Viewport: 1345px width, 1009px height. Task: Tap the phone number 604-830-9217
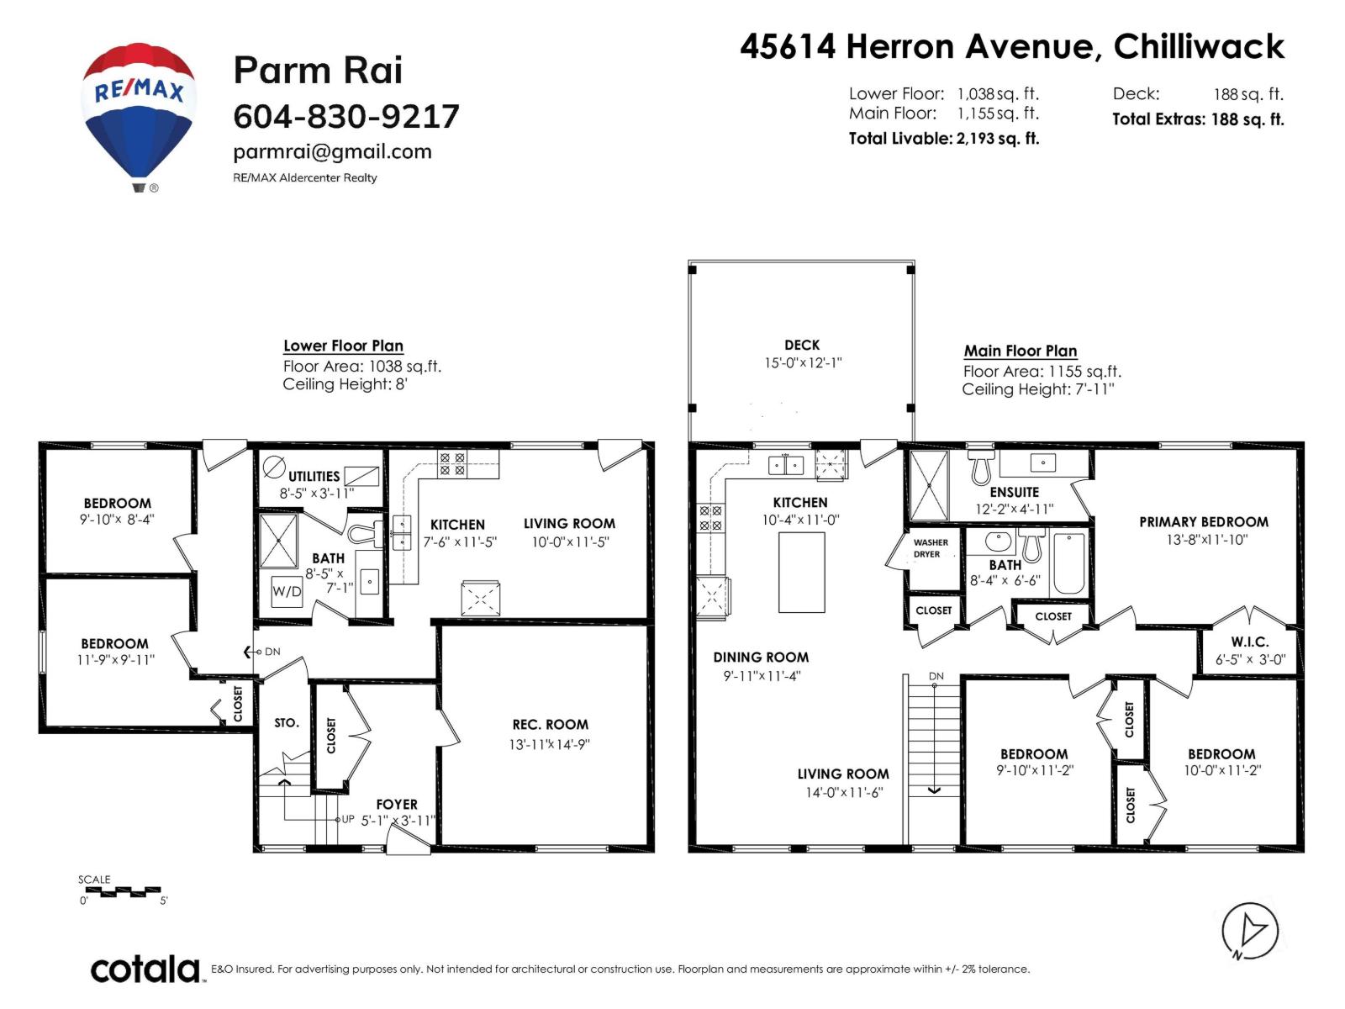(345, 117)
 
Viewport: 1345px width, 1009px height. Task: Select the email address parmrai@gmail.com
(332, 152)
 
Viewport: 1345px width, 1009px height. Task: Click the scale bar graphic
(123, 891)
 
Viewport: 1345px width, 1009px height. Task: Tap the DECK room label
(801, 345)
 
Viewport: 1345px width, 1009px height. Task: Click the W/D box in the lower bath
(287, 591)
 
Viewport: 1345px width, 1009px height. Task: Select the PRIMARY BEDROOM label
(1203, 522)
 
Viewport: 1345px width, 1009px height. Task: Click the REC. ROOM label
(550, 725)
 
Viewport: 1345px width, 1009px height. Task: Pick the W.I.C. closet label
(1249, 642)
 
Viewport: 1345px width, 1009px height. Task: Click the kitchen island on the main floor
(801, 573)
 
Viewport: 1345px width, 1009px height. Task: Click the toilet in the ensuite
(981, 467)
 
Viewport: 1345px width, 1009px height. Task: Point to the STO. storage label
(286, 723)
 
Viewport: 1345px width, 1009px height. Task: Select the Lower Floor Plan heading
(343, 346)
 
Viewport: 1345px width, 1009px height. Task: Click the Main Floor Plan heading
(1020, 351)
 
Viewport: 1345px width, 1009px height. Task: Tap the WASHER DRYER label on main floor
(930, 548)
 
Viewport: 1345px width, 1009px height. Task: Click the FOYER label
(397, 805)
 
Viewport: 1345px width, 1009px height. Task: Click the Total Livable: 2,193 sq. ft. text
(943, 139)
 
